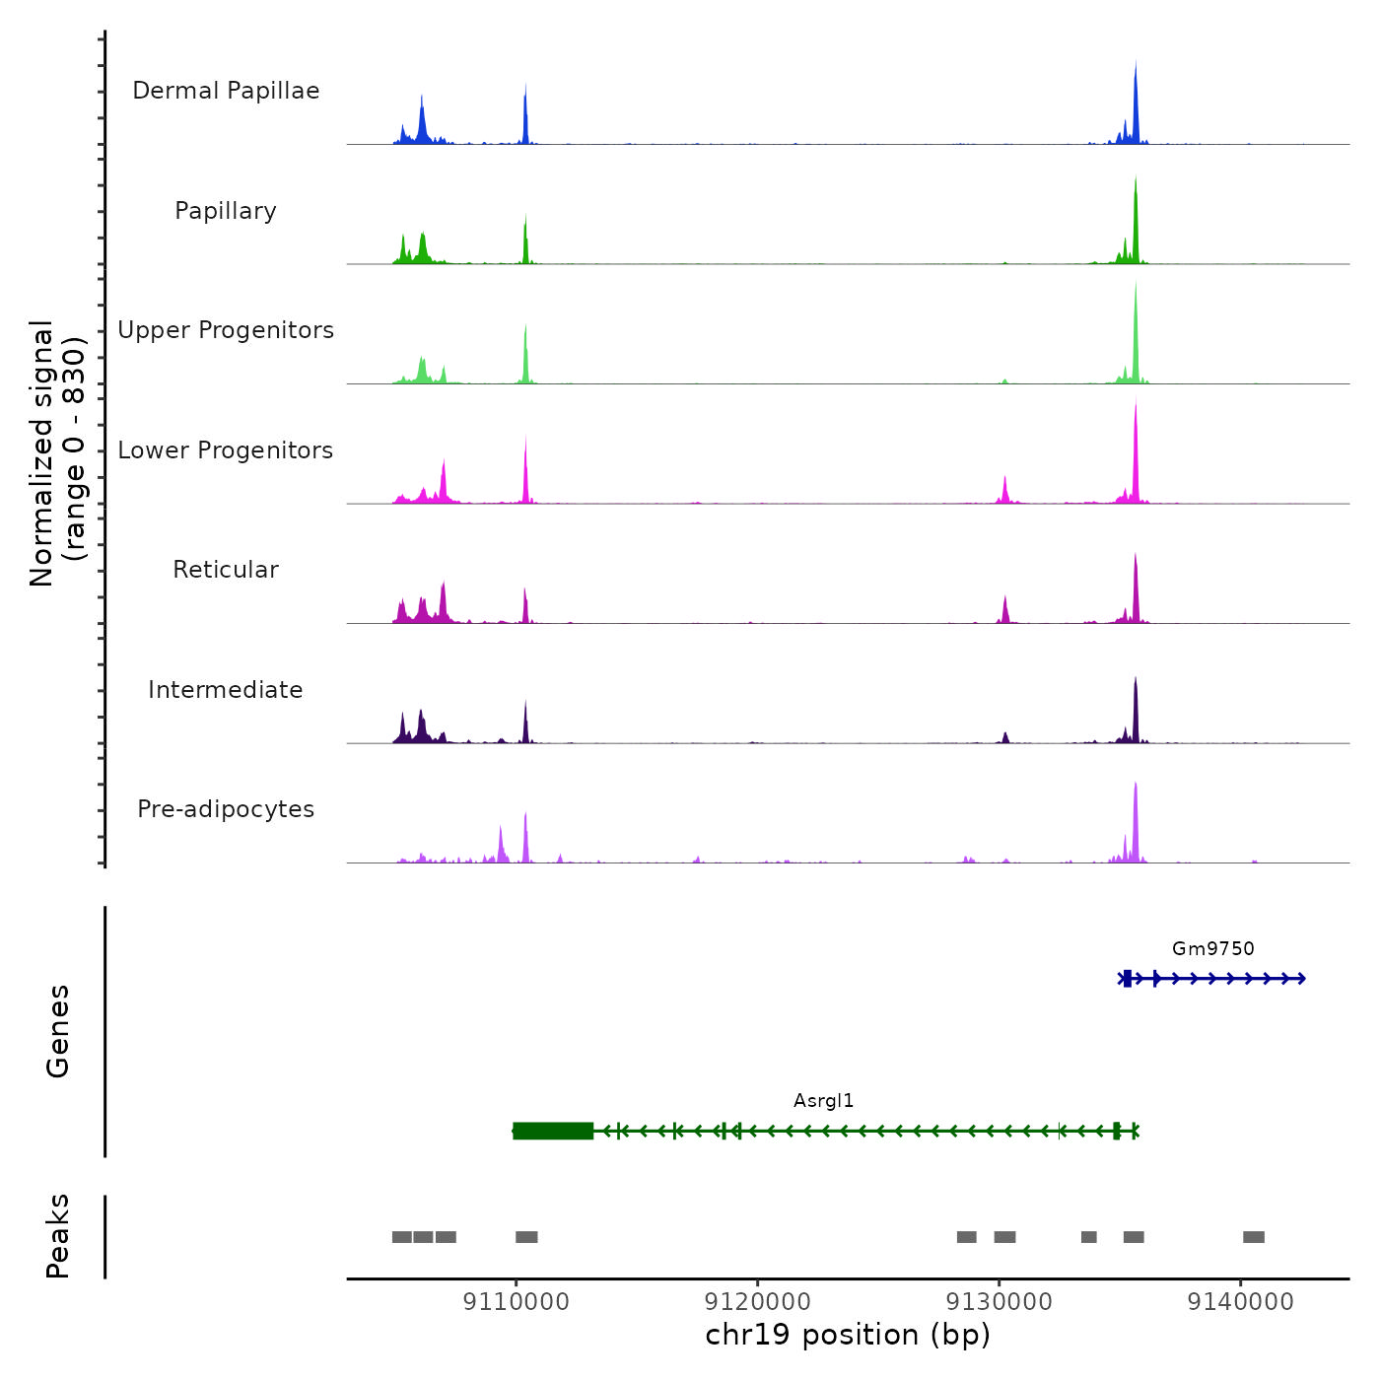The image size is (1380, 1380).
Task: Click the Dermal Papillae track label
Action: click(226, 91)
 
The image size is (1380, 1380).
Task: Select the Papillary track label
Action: click(226, 211)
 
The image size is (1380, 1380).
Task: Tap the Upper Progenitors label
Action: click(226, 330)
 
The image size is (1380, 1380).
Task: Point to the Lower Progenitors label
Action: click(226, 450)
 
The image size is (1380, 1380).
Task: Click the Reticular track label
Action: click(226, 570)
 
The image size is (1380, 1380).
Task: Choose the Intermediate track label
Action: click(226, 690)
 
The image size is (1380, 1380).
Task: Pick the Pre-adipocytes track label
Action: click(226, 809)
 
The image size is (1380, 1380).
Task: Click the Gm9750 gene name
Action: click(1212, 948)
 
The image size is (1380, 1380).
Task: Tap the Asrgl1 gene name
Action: click(823, 1101)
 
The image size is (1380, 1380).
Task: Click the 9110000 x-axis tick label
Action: click(516, 1302)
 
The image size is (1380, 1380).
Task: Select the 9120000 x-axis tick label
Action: click(757, 1302)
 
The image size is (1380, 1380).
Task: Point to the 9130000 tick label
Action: click(999, 1302)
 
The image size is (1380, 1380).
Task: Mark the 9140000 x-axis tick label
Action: click(1240, 1302)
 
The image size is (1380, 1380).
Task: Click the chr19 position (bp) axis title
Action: click(848, 1335)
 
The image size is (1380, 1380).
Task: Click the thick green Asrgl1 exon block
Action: click(553, 1131)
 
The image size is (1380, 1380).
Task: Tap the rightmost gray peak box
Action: click(1253, 1237)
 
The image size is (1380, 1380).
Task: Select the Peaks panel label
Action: click(58, 1236)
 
